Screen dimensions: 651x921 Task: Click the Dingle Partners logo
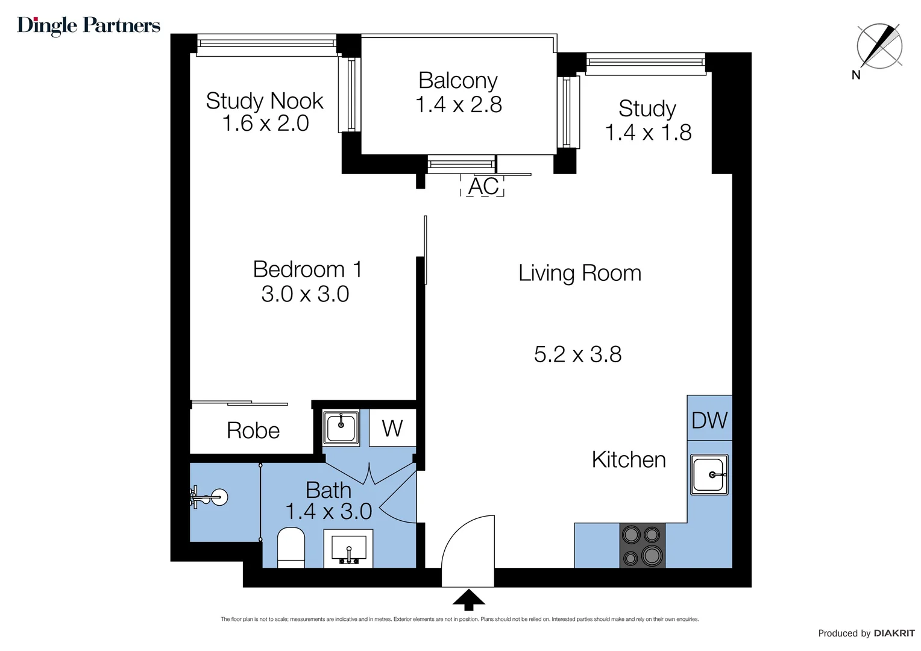(x=89, y=25)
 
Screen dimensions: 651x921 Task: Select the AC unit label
(x=483, y=186)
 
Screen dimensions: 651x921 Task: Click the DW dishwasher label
(x=709, y=420)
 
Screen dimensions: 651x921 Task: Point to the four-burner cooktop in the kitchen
(x=642, y=546)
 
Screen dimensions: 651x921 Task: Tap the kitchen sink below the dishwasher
(x=709, y=475)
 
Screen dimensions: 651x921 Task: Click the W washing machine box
(x=392, y=429)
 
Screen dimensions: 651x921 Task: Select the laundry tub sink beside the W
(x=341, y=427)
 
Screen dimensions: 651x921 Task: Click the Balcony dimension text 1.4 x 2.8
(x=459, y=105)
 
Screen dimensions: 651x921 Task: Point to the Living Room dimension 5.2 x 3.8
(x=577, y=354)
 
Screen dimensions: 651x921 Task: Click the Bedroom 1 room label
(x=307, y=269)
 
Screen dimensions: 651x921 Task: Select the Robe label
(x=253, y=430)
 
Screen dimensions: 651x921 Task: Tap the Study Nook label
(x=265, y=101)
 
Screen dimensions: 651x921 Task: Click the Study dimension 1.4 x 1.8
(x=648, y=133)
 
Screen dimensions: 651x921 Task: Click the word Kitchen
(x=629, y=460)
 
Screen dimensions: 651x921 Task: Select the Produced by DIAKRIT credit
(x=866, y=633)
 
